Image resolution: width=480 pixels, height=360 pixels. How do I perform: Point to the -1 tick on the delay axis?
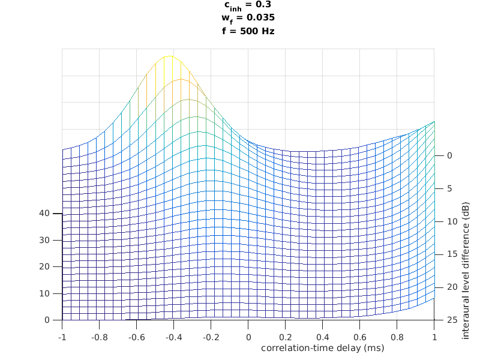pos(62,337)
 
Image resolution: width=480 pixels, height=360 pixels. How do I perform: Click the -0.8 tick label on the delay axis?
pos(99,337)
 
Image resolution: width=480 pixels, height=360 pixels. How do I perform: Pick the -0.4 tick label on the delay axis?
pos(173,337)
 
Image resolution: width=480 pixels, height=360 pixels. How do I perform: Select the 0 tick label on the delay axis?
pos(248,337)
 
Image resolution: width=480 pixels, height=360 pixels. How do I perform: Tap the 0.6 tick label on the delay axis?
pos(360,337)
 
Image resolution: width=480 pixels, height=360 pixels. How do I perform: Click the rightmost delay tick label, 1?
pos(434,337)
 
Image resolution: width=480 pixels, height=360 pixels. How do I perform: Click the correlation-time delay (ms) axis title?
pos(322,348)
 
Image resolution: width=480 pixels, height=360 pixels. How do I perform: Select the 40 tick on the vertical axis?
pos(44,213)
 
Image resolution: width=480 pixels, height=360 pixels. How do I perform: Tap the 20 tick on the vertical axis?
pos(44,266)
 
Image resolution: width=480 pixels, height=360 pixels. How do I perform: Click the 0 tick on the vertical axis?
pos(47,320)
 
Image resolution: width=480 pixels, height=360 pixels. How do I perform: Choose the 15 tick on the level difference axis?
pos(450,254)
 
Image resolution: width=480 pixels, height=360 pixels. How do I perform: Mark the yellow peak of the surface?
pos(170,56)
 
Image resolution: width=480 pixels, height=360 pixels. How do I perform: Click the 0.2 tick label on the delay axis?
pos(286,337)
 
